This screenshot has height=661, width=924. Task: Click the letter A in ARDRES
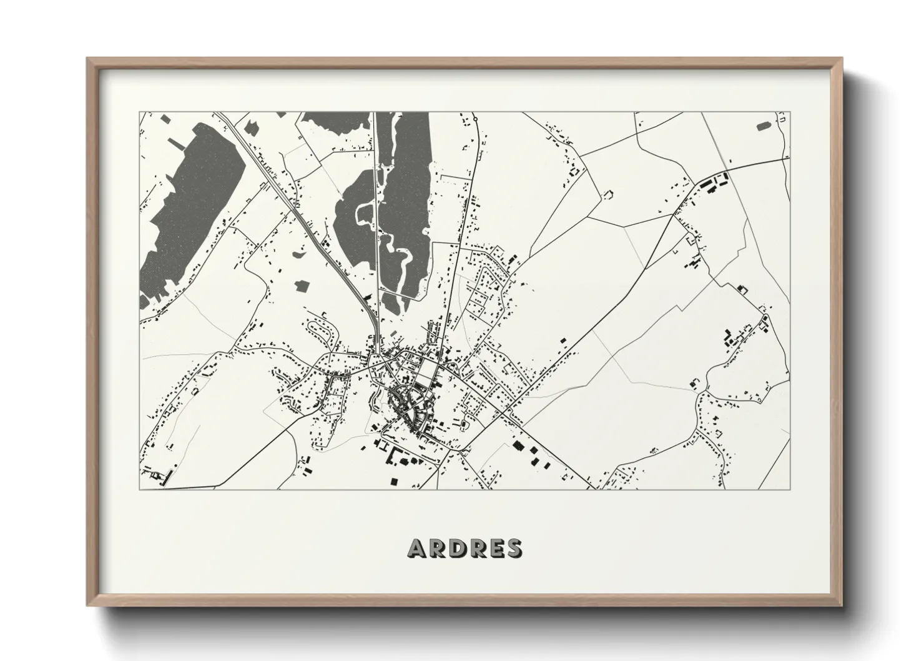pos(416,548)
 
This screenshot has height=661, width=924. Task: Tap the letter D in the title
pos(455,548)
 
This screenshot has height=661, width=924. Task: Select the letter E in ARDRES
pos(495,548)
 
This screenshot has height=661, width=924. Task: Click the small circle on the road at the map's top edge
pos(475,117)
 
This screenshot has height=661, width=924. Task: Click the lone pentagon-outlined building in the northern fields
pos(607,195)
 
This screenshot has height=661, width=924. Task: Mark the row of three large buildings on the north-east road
pos(712,183)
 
